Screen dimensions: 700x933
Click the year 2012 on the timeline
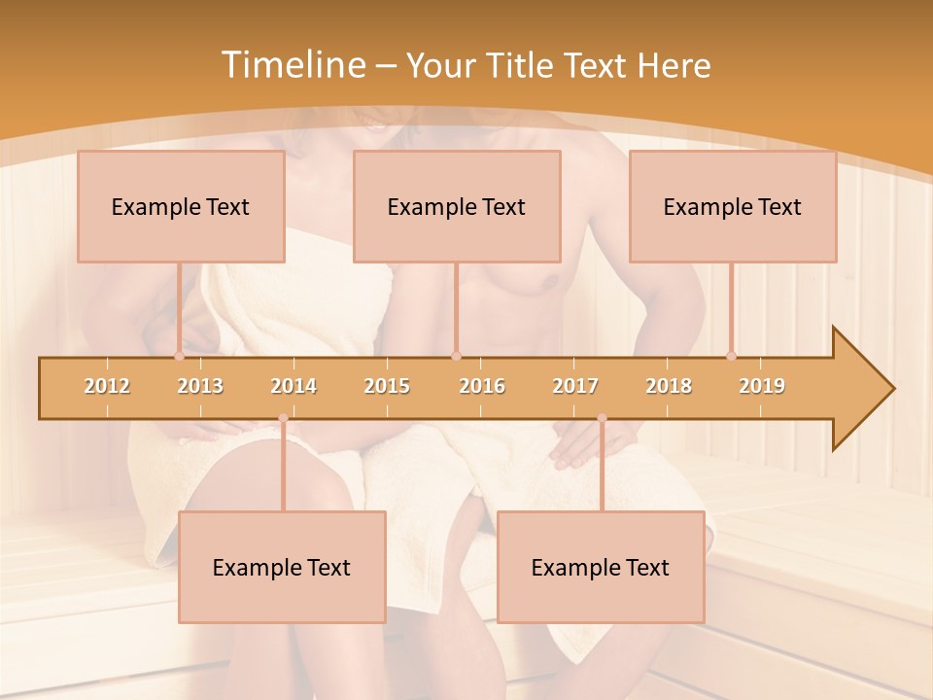point(107,386)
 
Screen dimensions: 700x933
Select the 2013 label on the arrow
point(200,386)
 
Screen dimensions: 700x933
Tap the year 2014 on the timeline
point(294,386)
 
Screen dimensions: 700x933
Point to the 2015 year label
point(387,386)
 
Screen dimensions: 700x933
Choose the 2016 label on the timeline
point(482,386)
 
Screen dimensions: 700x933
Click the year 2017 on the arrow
point(575,386)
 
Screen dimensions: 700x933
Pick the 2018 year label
point(669,386)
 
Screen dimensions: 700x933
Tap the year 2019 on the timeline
point(762,386)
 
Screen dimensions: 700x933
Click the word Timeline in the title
point(291,65)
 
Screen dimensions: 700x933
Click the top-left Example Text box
point(181,206)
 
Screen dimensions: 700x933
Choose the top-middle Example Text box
point(457,206)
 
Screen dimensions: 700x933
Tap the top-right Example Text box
point(733,206)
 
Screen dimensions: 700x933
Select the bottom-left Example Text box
point(282,567)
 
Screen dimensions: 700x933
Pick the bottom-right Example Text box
point(601,567)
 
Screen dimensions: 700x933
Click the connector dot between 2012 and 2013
point(180,356)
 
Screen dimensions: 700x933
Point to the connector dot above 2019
point(732,356)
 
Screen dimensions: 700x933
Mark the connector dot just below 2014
point(283,418)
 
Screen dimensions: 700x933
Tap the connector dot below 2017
point(602,418)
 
